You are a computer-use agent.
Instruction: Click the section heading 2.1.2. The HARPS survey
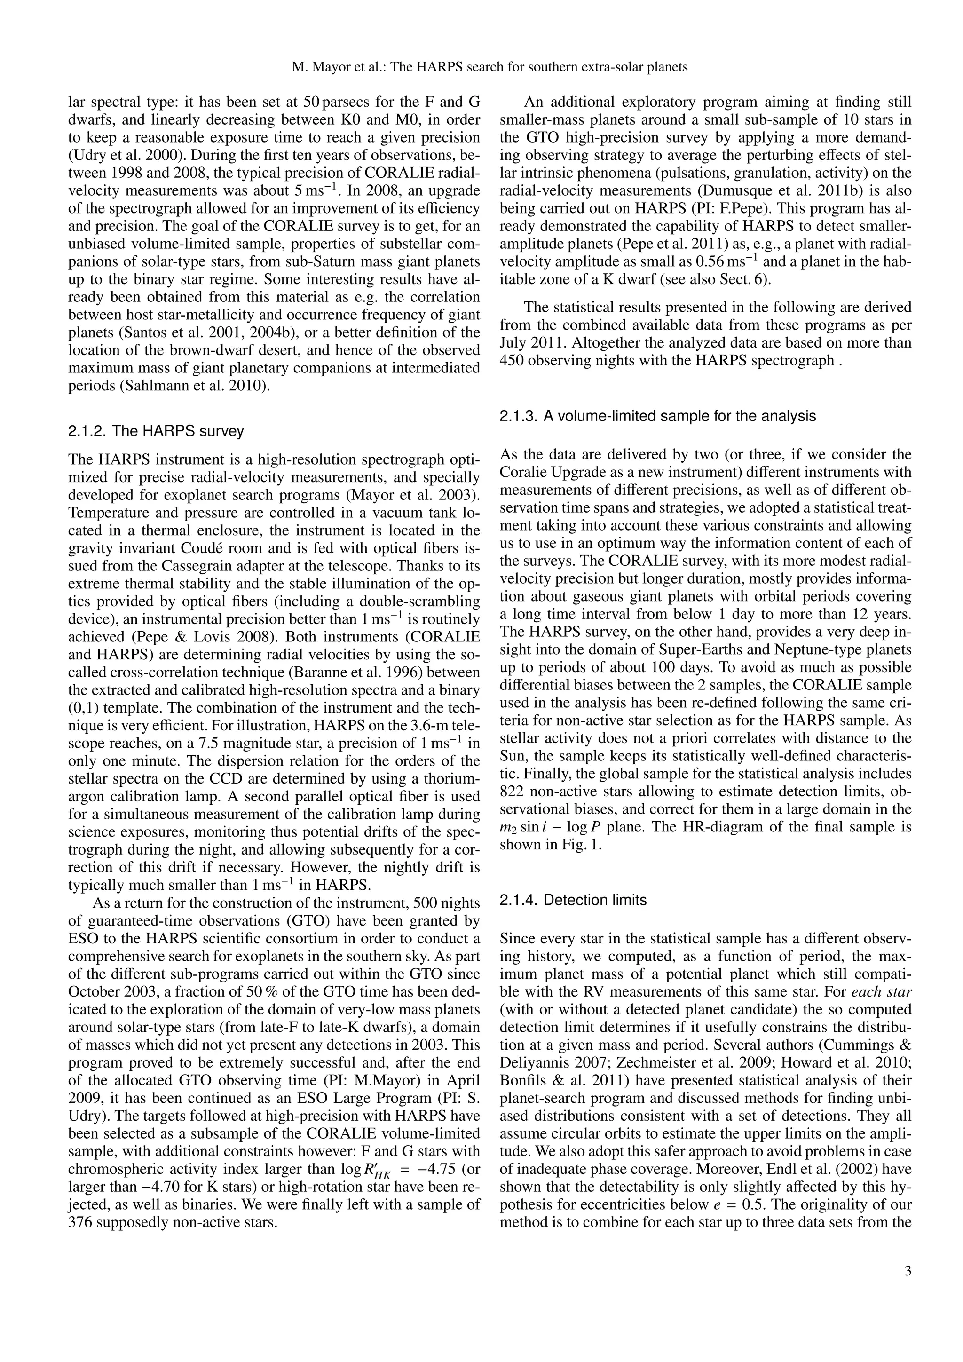pos(156,431)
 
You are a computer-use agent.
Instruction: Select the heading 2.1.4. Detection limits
pos(573,900)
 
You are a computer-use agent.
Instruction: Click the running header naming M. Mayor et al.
pos(490,67)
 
